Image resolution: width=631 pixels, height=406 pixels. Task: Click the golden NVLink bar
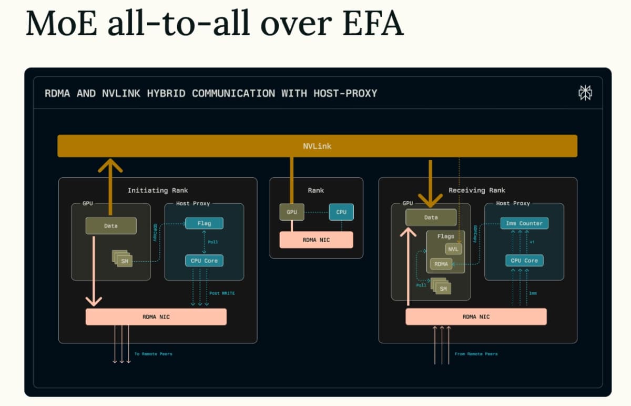pyautogui.click(x=317, y=146)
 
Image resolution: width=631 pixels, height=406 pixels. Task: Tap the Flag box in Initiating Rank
pyautogui.click(x=204, y=223)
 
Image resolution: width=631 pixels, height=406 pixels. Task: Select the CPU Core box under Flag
pyautogui.click(x=204, y=261)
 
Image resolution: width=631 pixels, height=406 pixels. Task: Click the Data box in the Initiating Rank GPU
pyautogui.click(x=111, y=226)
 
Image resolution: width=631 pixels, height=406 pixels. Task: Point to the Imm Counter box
pyautogui.click(x=524, y=223)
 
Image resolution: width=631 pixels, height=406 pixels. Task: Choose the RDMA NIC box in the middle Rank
pyautogui.click(x=316, y=240)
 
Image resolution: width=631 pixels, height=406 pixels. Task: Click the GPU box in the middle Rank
pyautogui.click(x=292, y=212)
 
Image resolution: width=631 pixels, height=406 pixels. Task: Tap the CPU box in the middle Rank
pyautogui.click(x=341, y=212)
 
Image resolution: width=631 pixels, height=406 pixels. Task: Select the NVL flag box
pyautogui.click(x=453, y=249)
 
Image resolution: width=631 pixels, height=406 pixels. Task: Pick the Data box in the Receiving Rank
pyautogui.click(x=431, y=217)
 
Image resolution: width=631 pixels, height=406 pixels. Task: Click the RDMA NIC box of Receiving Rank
pyautogui.click(x=476, y=316)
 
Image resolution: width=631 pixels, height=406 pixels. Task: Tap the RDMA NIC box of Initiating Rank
pyautogui.click(x=156, y=316)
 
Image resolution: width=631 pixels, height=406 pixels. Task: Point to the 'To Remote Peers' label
pyautogui.click(x=153, y=354)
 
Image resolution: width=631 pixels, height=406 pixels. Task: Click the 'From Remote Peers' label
pyautogui.click(x=476, y=354)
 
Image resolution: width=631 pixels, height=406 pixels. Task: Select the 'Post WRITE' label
pyautogui.click(x=222, y=293)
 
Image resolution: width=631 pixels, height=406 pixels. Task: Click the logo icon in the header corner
pyautogui.click(x=585, y=93)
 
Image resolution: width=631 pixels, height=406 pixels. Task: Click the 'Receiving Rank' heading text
pyautogui.click(x=476, y=190)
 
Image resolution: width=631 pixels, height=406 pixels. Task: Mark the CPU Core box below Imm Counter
pyautogui.click(x=524, y=261)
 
